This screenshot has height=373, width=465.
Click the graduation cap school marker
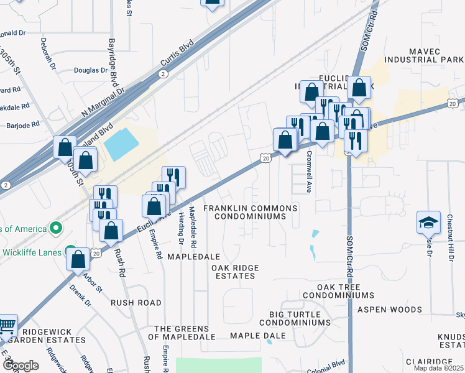pyautogui.click(x=428, y=223)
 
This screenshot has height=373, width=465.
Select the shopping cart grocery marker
pyautogui.click(x=6, y=325)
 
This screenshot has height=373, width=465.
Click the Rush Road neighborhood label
pyautogui.click(x=136, y=303)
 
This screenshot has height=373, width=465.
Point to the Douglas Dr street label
pyautogui.click(x=91, y=70)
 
